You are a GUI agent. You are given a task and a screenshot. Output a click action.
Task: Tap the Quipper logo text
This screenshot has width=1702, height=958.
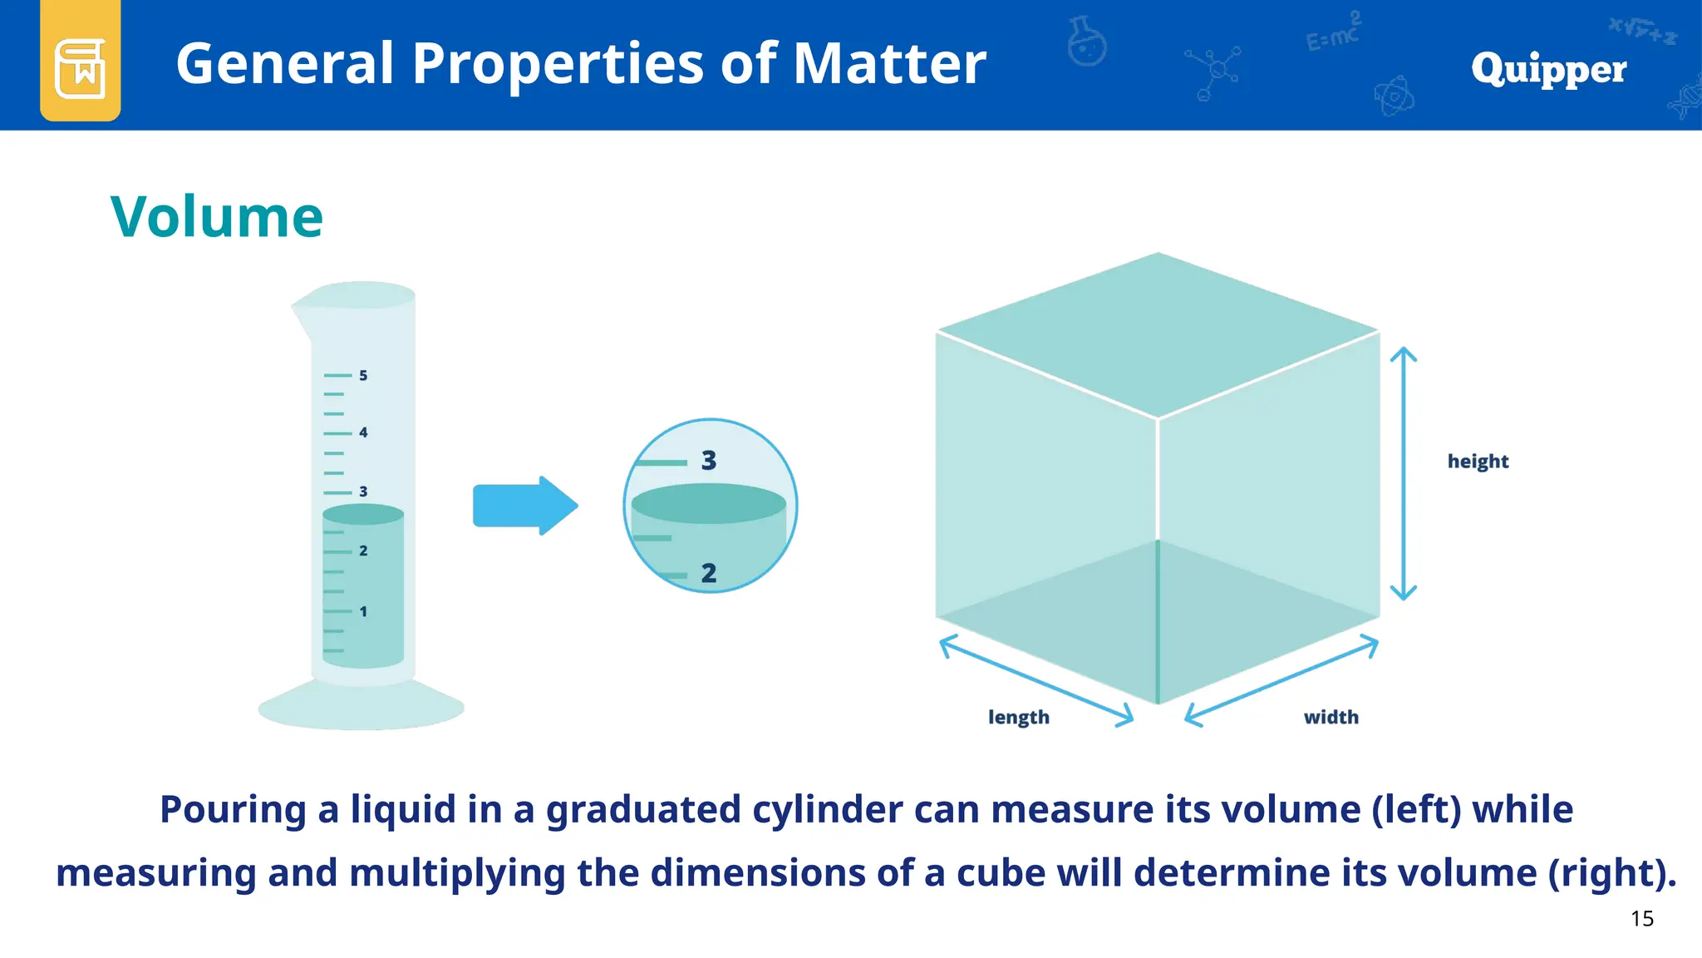1548,69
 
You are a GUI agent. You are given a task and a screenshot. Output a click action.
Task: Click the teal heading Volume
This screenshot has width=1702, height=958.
217,217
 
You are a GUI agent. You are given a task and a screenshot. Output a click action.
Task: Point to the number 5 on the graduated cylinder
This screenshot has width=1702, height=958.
363,376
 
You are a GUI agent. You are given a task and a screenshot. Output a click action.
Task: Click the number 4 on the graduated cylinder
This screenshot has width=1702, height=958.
363,432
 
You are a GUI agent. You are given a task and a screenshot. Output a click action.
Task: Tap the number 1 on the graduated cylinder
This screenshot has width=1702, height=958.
363,612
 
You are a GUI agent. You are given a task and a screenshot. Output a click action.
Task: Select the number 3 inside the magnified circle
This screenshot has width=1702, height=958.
709,461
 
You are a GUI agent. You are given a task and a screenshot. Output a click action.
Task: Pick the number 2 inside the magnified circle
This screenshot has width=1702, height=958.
709,573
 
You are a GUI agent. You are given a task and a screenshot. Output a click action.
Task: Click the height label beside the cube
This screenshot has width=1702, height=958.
1478,462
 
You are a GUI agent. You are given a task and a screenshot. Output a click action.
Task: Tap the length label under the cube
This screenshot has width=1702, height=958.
1018,717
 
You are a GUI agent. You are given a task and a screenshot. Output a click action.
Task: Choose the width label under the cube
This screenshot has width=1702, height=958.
1331,717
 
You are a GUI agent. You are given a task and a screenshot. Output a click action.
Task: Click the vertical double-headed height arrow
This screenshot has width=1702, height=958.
1404,473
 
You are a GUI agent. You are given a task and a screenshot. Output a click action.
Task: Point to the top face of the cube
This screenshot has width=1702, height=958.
1158,333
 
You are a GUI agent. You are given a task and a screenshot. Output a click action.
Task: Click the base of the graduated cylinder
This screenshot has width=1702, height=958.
361,707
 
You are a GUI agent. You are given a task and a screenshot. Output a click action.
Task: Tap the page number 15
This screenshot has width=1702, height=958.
1641,919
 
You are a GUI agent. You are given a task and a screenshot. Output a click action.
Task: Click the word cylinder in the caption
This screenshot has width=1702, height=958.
827,810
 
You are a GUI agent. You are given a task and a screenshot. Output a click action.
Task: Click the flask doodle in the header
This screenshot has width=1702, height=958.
1087,42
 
